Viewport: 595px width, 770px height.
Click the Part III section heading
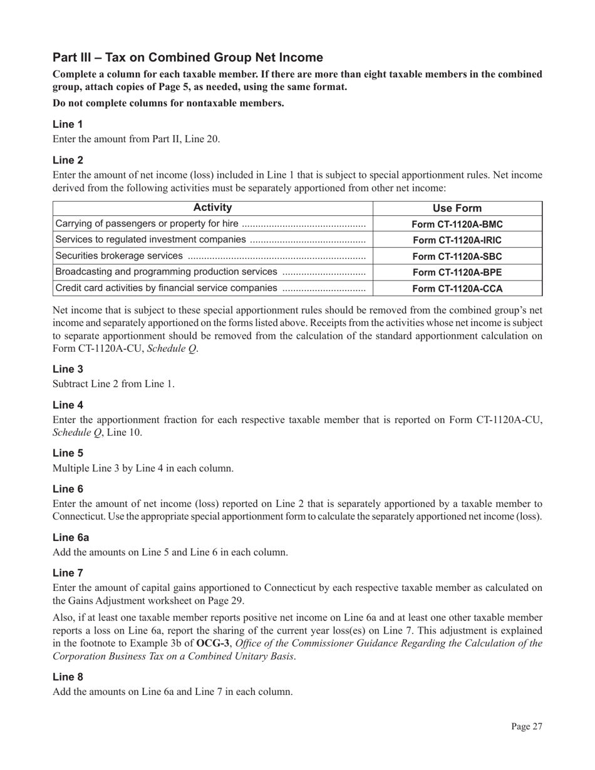pyautogui.click(x=188, y=58)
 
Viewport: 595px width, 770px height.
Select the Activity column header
pyautogui.click(x=213, y=208)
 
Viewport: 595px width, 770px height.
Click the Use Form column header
pyautogui.click(x=457, y=208)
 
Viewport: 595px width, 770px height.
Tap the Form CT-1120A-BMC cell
pyautogui.click(x=457, y=224)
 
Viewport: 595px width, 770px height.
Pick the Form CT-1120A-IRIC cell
pyautogui.click(x=457, y=240)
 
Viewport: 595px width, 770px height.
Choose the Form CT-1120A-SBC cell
pyautogui.click(x=457, y=256)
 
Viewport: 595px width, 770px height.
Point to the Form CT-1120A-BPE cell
pyautogui.click(x=457, y=272)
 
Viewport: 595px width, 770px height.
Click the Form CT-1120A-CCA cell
pyautogui.click(x=457, y=288)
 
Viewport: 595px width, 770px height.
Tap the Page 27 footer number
pyautogui.click(x=526, y=726)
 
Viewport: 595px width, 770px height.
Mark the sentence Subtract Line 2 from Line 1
pyautogui.click(x=113, y=384)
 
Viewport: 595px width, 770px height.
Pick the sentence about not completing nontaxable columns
pyautogui.click(x=168, y=103)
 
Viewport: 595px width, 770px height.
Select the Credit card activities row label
pyautogui.click(x=166, y=288)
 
